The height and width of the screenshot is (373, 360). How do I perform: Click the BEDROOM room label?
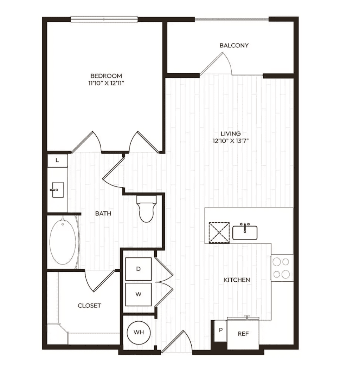coord(106,76)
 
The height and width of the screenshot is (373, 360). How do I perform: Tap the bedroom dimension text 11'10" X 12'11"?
coord(107,83)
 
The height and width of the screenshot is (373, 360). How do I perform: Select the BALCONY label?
coord(234,45)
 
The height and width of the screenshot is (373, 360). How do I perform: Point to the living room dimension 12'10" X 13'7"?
coord(231,141)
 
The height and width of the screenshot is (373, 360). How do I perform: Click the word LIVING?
coord(231,134)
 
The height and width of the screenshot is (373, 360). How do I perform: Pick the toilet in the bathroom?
coord(146,209)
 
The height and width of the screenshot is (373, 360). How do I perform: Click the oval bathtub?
coord(63,242)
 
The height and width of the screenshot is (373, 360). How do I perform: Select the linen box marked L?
coord(57,161)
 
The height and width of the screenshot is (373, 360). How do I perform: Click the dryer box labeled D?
coord(138,269)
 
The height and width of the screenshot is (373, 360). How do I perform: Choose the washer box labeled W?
coord(138,294)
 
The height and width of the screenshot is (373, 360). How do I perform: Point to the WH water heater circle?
coord(139,332)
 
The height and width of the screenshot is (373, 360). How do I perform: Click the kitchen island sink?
coord(245,232)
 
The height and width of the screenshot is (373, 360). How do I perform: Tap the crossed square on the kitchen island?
coord(219,233)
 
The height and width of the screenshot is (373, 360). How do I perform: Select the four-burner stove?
coord(282,268)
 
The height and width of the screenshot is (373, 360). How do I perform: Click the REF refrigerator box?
coord(243,334)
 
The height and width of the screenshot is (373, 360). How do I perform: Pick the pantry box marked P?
coord(220,331)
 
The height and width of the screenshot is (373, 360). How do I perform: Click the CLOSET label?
coord(90,306)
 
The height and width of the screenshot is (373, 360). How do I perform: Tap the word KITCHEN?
coord(237,280)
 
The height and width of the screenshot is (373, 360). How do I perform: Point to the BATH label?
coord(103,214)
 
